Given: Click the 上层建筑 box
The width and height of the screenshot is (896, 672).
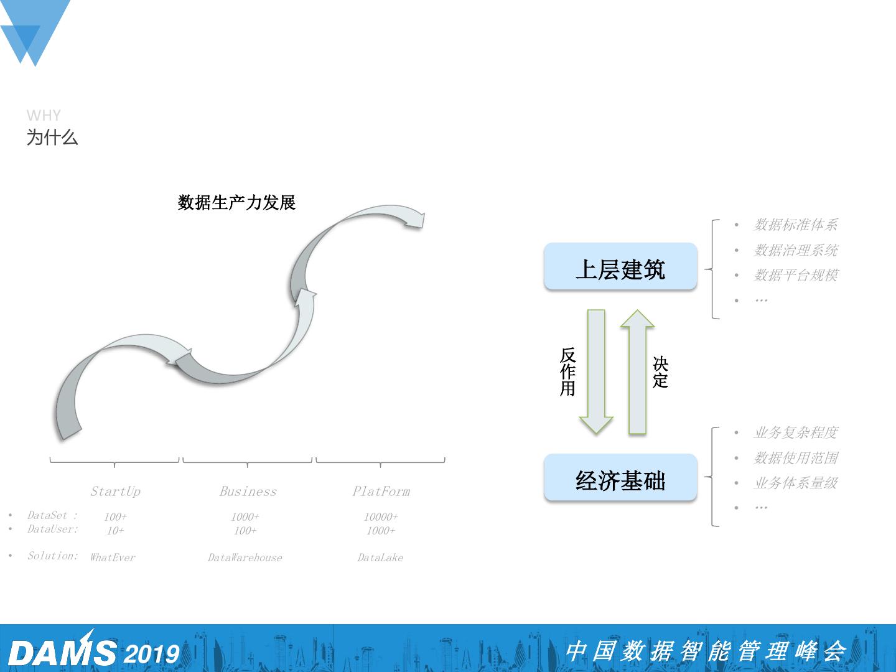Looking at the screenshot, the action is (620, 268).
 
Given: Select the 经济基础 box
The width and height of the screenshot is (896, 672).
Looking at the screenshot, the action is (620, 478).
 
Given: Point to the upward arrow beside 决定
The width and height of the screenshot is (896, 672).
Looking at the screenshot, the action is (637, 371).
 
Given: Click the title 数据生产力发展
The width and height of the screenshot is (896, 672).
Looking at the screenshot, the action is (236, 202).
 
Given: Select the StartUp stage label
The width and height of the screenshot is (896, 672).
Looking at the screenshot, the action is (115, 492).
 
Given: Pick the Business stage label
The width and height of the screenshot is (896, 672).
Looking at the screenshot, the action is (248, 492).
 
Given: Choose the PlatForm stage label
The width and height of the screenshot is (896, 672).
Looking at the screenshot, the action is (381, 492).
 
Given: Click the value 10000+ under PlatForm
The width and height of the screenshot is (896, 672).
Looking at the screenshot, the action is (381, 517).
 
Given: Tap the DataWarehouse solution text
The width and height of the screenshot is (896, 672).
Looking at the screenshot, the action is (245, 558).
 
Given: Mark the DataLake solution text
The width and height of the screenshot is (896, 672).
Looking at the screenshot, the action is (380, 558).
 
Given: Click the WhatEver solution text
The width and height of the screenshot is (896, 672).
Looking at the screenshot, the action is (113, 558).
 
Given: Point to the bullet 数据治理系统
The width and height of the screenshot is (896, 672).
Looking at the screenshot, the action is (796, 250).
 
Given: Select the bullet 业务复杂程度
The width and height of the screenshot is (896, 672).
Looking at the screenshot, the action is (796, 432).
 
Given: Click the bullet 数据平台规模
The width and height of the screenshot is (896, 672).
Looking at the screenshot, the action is (796, 275).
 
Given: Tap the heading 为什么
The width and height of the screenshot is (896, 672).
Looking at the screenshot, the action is (52, 138).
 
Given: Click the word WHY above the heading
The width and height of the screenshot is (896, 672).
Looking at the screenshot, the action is (44, 116).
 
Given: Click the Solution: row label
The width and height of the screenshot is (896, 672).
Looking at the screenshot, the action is (53, 556).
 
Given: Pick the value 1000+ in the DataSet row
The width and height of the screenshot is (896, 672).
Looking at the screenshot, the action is (245, 517).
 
